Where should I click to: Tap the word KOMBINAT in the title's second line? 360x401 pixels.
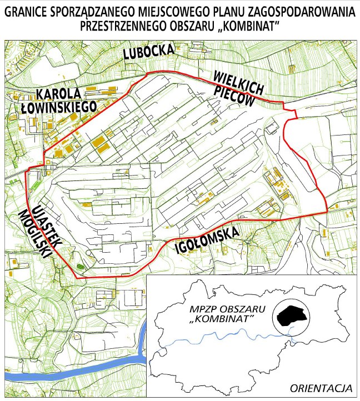pos(251,26)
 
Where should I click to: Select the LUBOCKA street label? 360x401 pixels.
pos(148,52)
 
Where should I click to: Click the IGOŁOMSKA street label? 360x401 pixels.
pos(207,238)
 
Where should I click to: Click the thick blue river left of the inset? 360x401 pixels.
pos(125,364)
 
